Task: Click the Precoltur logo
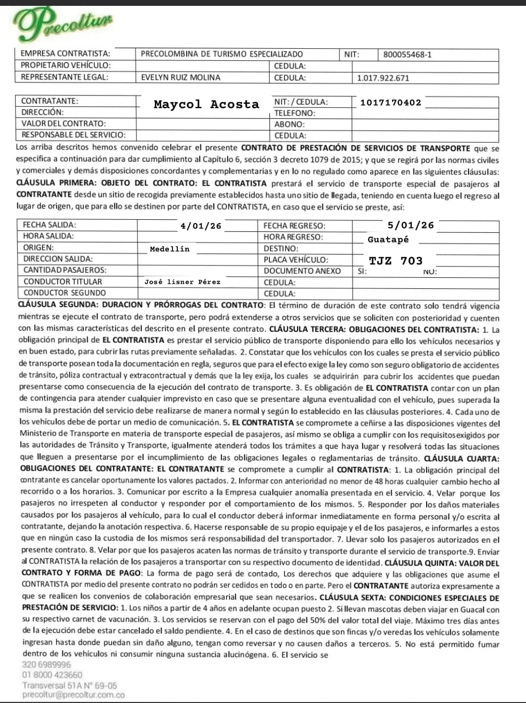tap(62, 23)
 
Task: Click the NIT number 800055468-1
tap(407, 55)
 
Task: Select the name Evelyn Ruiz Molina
tap(180, 77)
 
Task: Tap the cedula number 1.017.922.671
tap(383, 78)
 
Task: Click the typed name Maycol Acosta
tap(206, 104)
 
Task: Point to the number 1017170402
tap(391, 102)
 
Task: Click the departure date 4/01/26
tap(201, 226)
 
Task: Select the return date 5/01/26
tap(411, 225)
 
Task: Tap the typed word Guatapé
tap(388, 239)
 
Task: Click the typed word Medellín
tap(169, 249)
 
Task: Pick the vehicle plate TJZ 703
tap(395, 261)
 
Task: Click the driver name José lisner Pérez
tap(182, 282)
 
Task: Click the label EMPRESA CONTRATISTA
tap(65, 54)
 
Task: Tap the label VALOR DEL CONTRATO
tap(63, 124)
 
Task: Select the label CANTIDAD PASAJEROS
tap(65, 270)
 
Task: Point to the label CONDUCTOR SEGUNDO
tap(64, 293)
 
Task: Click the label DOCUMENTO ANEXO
tap(302, 271)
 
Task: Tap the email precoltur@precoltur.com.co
tap(73, 695)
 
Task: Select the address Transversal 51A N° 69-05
tap(70, 685)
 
